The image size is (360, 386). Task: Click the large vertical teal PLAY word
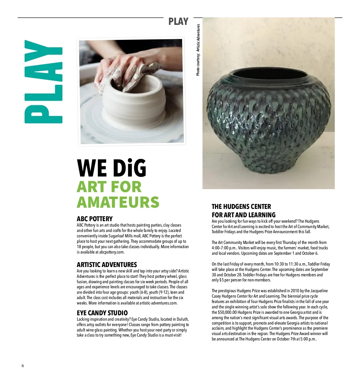(43, 82)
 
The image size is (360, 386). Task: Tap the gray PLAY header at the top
(178, 22)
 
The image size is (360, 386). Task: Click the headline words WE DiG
(112, 168)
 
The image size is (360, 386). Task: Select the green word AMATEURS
(118, 202)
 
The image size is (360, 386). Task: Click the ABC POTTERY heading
(94, 219)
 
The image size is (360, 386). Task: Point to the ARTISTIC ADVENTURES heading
(106, 265)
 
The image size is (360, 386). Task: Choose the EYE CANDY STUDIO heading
(102, 313)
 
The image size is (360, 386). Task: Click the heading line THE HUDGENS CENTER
(241, 206)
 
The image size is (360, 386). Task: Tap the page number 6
(23, 366)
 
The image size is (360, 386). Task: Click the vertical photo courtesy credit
(198, 50)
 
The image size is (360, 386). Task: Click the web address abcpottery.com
(112, 252)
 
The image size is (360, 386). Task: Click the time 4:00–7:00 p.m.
(224, 248)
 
